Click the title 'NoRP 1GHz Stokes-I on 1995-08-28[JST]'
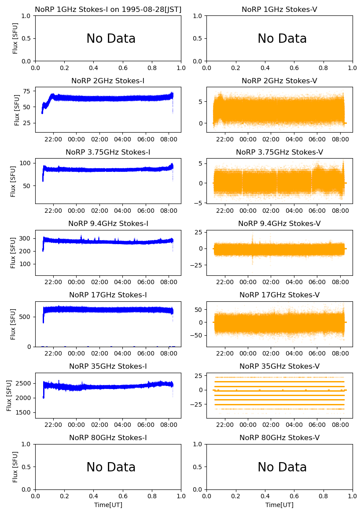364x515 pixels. (x=108, y=9)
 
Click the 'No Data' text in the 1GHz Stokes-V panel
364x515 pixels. (x=282, y=39)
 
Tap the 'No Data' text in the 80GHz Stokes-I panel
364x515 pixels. (x=110, y=467)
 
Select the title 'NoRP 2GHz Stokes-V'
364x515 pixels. (x=279, y=81)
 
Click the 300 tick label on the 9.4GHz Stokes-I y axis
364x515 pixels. (x=25, y=238)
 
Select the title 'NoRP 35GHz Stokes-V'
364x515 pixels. (x=279, y=366)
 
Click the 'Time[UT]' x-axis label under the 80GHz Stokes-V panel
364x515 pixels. (x=279, y=505)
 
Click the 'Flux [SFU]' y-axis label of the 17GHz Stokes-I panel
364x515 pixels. (x=13, y=324)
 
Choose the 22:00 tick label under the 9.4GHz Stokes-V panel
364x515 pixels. (x=225, y=282)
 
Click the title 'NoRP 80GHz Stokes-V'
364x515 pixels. (x=279, y=437)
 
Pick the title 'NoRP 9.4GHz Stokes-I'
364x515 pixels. (x=108, y=223)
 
